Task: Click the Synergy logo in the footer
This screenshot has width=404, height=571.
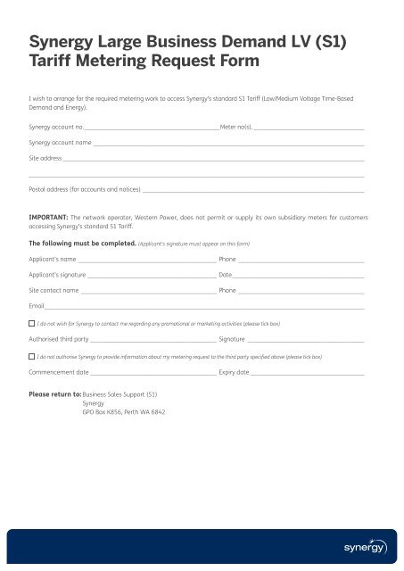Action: pyautogui.click(x=367, y=546)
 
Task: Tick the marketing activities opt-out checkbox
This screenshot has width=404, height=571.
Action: pyautogui.click(x=31, y=323)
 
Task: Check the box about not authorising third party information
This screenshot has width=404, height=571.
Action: pyautogui.click(x=31, y=355)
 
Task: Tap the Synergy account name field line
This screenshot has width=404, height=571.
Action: pyautogui.click(x=229, y=145)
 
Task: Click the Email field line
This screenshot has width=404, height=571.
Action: pyautogui.click(x=205, y=308)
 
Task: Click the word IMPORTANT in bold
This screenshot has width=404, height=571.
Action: pyautogui.click(x=50, y=216)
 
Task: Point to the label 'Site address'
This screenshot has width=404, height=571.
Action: pyautogui.click(x=45, y=158)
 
